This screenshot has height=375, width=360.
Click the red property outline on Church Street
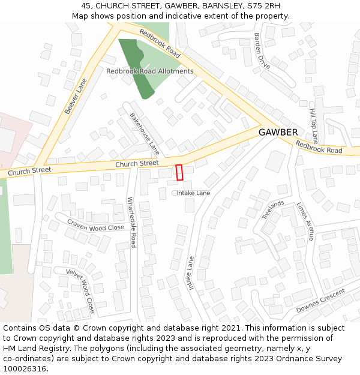tap(179, 172)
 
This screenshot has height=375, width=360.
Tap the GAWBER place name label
tap(278, 132)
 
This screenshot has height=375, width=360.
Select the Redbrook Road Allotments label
tap(150, 71)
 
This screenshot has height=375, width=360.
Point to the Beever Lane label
tap(76, 96)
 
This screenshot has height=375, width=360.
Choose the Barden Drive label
tap(262, 50)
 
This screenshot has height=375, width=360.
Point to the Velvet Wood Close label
tap(80, 291)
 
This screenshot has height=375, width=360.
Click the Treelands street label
tap(273, 210)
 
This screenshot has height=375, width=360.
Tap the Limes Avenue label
tap(305, 221)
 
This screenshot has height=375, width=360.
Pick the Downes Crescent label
tap(320, 301)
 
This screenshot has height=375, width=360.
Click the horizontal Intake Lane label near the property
tap(193, 193)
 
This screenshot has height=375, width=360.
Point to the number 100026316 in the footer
tap(24, 369)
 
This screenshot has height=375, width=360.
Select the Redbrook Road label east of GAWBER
tap(319, 147)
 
